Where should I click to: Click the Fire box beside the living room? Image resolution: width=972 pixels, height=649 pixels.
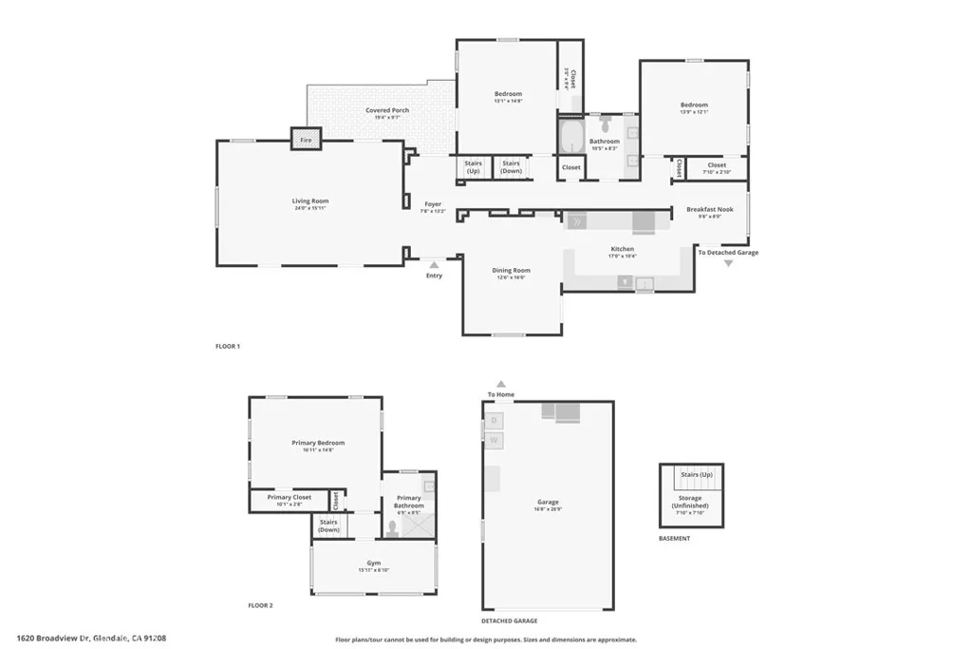click(x=306, y=140)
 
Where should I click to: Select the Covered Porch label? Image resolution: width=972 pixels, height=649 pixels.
click(x=387, y=110)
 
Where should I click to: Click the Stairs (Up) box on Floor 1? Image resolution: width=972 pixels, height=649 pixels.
click(x=473, y=167)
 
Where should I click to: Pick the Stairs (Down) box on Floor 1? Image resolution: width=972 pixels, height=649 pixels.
click(x=511, y=167)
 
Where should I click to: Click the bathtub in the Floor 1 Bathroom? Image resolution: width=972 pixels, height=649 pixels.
click(x=570, y=139)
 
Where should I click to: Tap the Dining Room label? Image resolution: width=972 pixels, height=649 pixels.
click(x=511, y=271)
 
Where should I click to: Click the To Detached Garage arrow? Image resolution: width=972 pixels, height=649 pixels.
click(x=728, y=263)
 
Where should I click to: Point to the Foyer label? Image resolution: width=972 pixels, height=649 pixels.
click(x=433, y=203)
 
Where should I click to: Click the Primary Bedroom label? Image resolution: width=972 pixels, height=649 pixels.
click(x=318, y=443)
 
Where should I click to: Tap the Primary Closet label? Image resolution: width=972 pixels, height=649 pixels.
click(x=290, y=497)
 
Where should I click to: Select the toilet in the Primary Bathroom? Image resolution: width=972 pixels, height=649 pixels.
click(x=392, y=527)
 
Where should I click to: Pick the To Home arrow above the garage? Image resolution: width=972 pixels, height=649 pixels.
click(x=500, y=384)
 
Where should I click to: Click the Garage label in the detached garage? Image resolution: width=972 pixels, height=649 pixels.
click(x=548, y=502)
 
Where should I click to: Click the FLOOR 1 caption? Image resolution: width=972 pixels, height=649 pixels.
click(x=228, y=346)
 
